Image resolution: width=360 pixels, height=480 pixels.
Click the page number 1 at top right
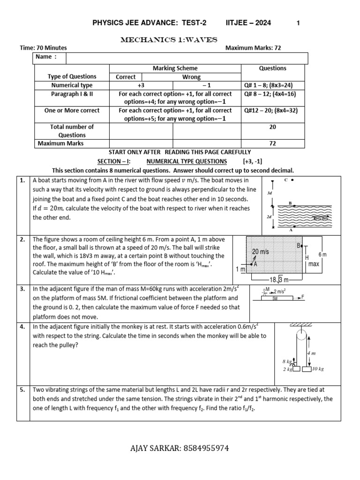tap(298, 23)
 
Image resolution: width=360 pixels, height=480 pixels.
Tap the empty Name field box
tap(187, 57)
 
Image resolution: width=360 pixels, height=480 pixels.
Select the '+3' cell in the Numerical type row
tap(141, 85)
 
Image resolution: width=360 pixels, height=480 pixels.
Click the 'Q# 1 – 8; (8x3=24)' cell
tap(272, 85)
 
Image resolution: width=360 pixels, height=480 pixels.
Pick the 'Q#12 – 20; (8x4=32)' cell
tap(272, 111)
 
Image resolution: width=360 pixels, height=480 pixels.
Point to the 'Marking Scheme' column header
tap(175, 68)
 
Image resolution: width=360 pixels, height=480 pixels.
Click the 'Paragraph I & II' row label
tap(72, 94)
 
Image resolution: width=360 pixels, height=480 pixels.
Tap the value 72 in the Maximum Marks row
tap(272, 143)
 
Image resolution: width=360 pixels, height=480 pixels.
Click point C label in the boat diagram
tap(285, 180)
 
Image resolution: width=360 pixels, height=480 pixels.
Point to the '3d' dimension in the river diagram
tap(269, 193)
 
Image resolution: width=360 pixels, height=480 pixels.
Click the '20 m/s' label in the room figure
tap(261, 252)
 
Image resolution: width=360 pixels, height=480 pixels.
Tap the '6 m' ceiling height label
tap(323, 254)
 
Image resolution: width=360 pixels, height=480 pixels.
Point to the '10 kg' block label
tap(317, 369)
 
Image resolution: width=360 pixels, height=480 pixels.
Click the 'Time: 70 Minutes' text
tap(43, 48)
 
